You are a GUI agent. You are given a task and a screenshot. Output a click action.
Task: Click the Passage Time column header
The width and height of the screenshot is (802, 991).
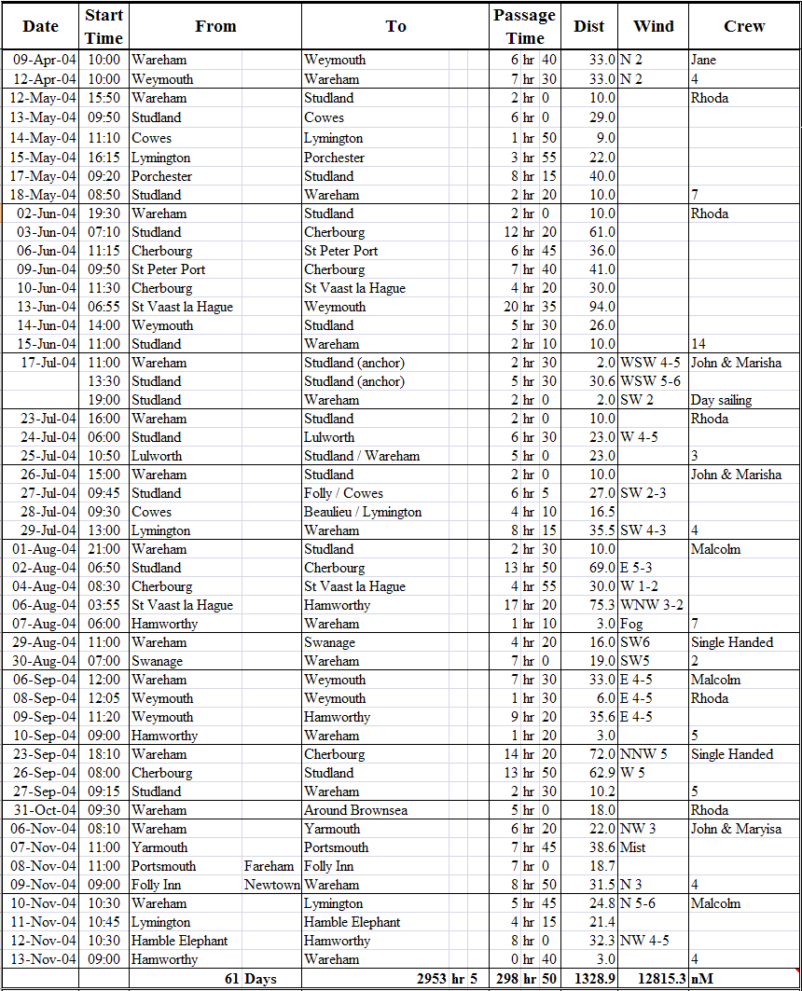tap(525, 27)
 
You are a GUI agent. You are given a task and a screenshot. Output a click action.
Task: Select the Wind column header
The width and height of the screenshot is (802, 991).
tap(654, 26)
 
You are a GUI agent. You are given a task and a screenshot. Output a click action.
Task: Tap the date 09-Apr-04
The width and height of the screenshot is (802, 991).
tap(45, 60)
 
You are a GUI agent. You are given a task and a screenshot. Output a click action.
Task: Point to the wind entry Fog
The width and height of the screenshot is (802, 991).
tap(633, 624)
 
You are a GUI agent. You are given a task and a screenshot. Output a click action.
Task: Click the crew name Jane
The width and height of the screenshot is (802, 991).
tap(703, 60)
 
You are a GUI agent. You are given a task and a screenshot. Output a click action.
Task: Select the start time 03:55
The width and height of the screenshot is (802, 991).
tap(104, 605)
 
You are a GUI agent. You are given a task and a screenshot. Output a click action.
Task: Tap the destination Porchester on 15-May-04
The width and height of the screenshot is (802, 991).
tap(334, 158)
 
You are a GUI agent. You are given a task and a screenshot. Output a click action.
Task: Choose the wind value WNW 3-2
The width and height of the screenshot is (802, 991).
tap(651, 605)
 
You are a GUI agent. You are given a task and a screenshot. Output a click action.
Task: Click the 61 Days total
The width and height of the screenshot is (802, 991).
tap(250, 979)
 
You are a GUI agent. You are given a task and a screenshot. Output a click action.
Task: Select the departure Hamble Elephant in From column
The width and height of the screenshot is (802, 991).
tap(179, 941)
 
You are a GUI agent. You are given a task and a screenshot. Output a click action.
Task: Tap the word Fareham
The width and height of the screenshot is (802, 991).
tap(269, 866)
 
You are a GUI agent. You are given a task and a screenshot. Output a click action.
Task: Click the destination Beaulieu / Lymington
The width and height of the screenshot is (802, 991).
tap(363, 512)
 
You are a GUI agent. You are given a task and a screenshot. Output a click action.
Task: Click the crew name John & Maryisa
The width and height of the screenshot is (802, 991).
tap(736, 829)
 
